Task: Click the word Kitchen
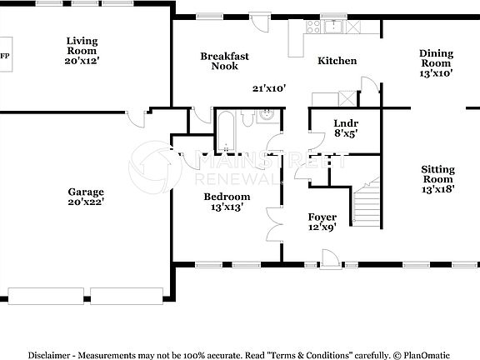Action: point(337,61)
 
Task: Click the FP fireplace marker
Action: point(5,57)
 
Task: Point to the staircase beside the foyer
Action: point(366,204)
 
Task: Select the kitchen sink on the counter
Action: point(335,26)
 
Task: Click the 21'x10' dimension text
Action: point(269,87)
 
